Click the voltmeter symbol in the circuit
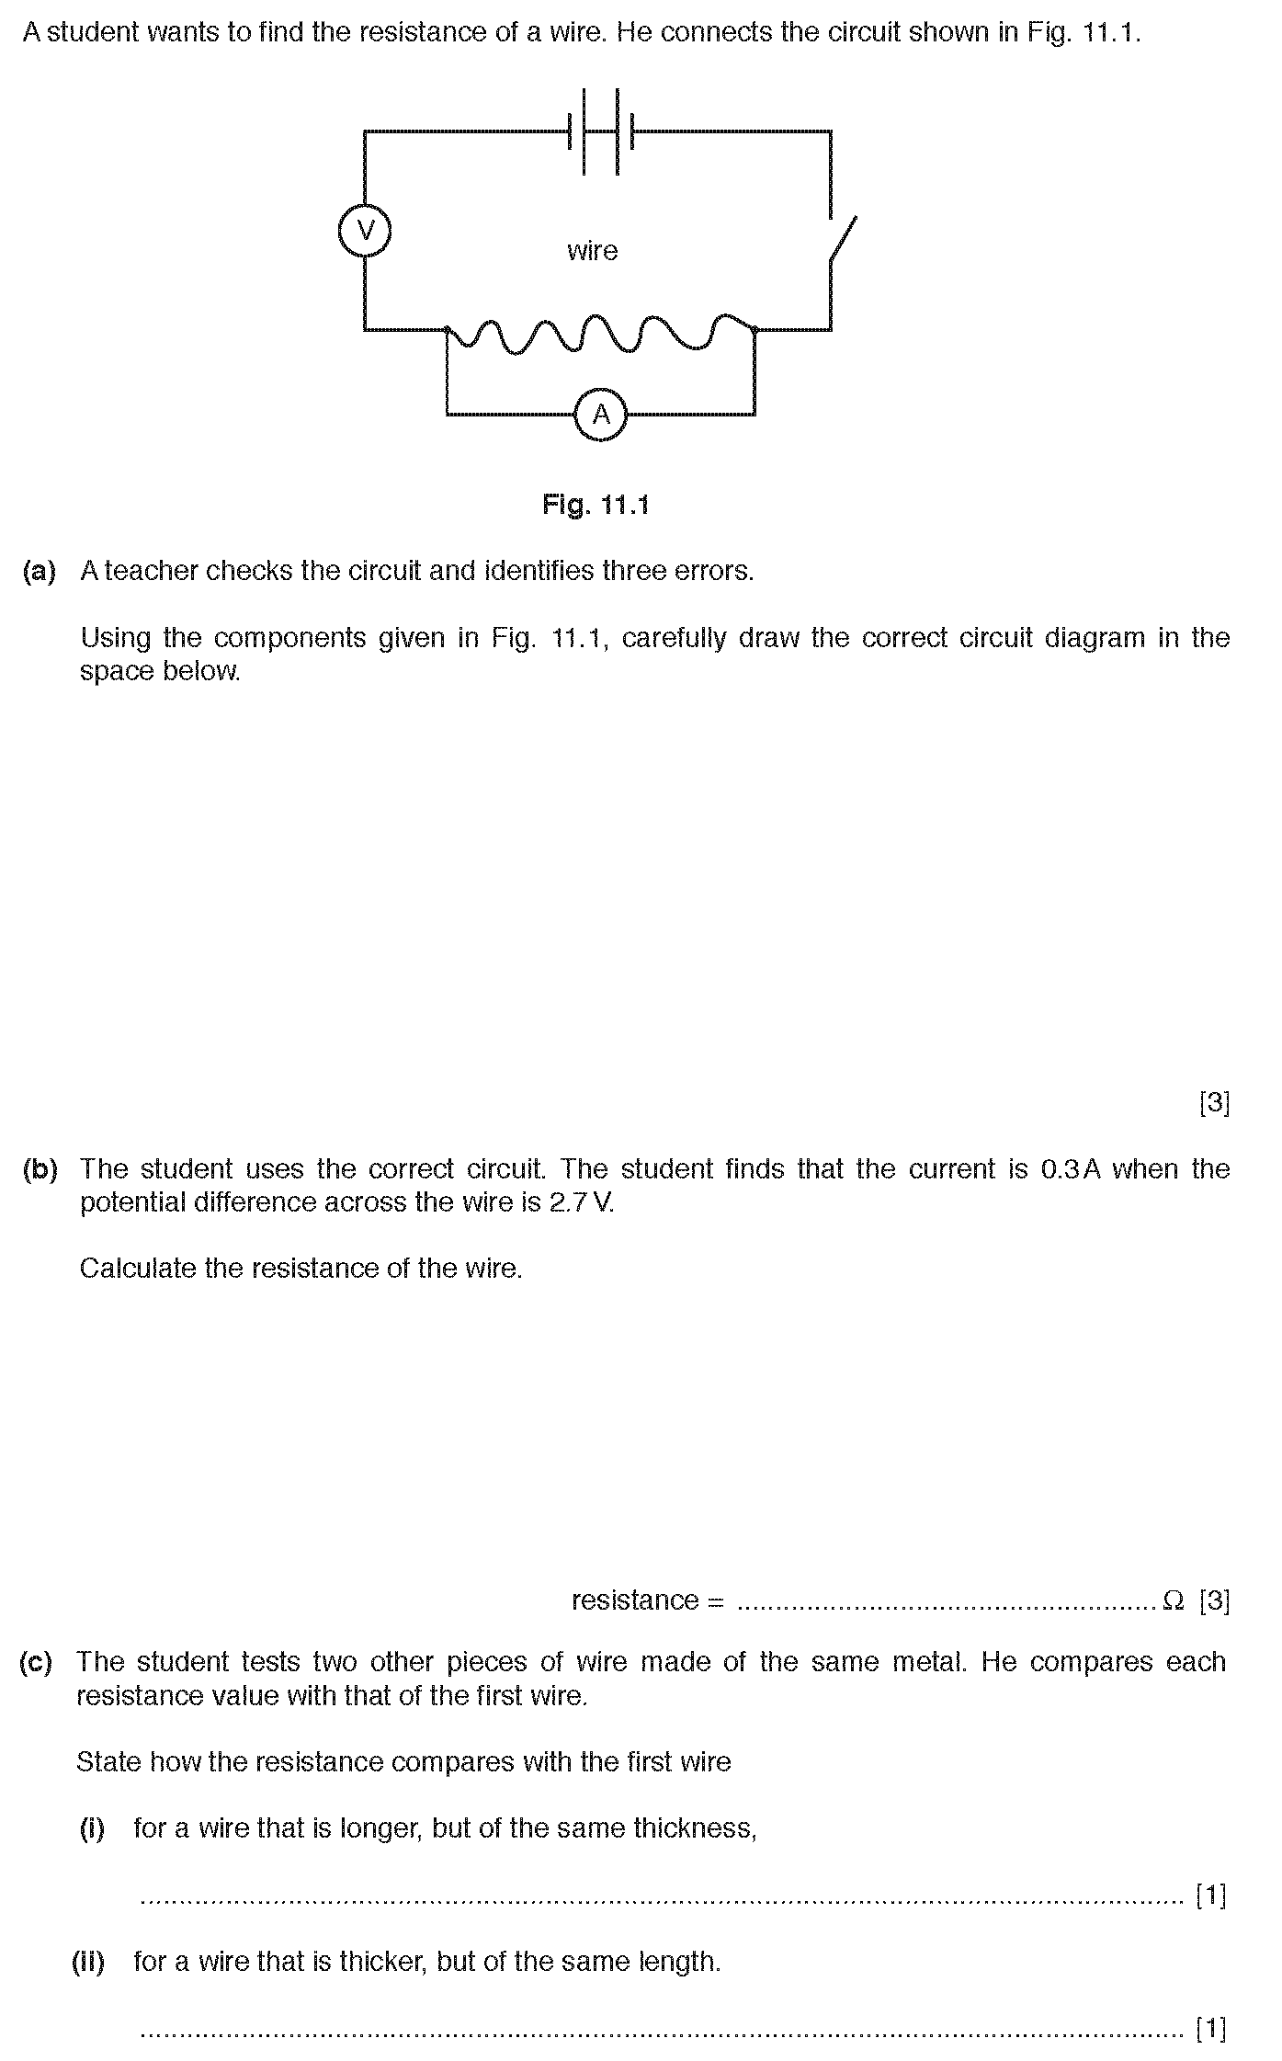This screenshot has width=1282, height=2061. click(365, 230)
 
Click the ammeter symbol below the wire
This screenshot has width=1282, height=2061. click(600, 415)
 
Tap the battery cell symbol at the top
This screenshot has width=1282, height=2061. click(601, 131)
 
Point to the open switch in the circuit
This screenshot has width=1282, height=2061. click(842, 241)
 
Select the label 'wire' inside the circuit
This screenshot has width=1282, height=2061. click(592, 251)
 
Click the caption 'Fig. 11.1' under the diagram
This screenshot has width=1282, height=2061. click(596, 505)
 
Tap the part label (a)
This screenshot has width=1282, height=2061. click(39, 571)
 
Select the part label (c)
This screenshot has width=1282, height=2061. click(36, 1661)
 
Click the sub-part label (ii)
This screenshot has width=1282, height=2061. click(89, 1961)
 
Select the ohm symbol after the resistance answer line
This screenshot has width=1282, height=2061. click(1173, 1600)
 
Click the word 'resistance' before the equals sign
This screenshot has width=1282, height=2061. click(635, 1600)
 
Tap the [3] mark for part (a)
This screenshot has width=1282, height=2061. click(1214, 1102)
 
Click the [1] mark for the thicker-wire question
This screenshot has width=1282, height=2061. click(1212, 2027)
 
